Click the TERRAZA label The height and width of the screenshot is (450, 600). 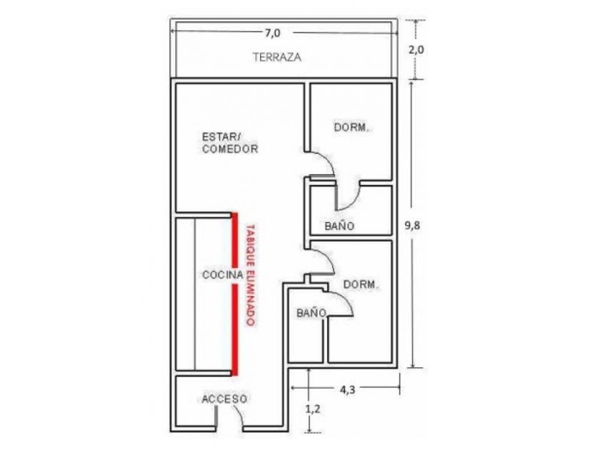(x=277, y=57)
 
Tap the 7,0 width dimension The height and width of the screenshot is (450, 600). (x=272, y=34)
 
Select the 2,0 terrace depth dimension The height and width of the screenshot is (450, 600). (x=416, y=50)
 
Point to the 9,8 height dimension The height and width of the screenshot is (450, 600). (x=413, y=226)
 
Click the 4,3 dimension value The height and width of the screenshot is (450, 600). (x=347, y=389)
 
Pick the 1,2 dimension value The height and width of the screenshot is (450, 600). (x=313, y=409)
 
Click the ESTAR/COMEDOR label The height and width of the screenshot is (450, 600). (x=230, y=143)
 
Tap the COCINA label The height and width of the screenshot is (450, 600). (x=223, y=275)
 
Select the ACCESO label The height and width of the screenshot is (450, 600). (x=224, y=399)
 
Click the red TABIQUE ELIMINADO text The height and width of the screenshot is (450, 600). (x=250, y=275)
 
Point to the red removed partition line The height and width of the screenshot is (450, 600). (x=234, y=294)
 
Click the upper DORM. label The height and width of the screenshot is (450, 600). (x=351, y=127)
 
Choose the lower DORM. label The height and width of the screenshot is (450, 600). (x=361, y=284)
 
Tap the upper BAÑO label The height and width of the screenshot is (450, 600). (x=339, y=226)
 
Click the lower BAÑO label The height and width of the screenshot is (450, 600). (x=311, y=313)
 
